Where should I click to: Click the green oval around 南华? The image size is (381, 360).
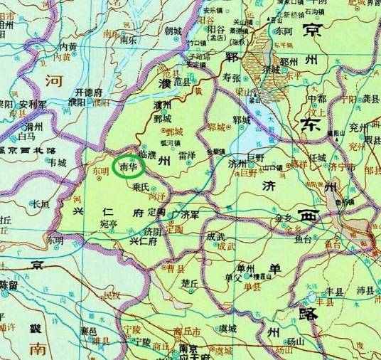(x=129, y=166)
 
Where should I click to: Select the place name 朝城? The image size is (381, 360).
(x=173, y=31)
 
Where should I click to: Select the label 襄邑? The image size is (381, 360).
(x=89, y=332)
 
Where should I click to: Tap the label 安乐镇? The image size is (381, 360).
(x=214, y=10)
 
